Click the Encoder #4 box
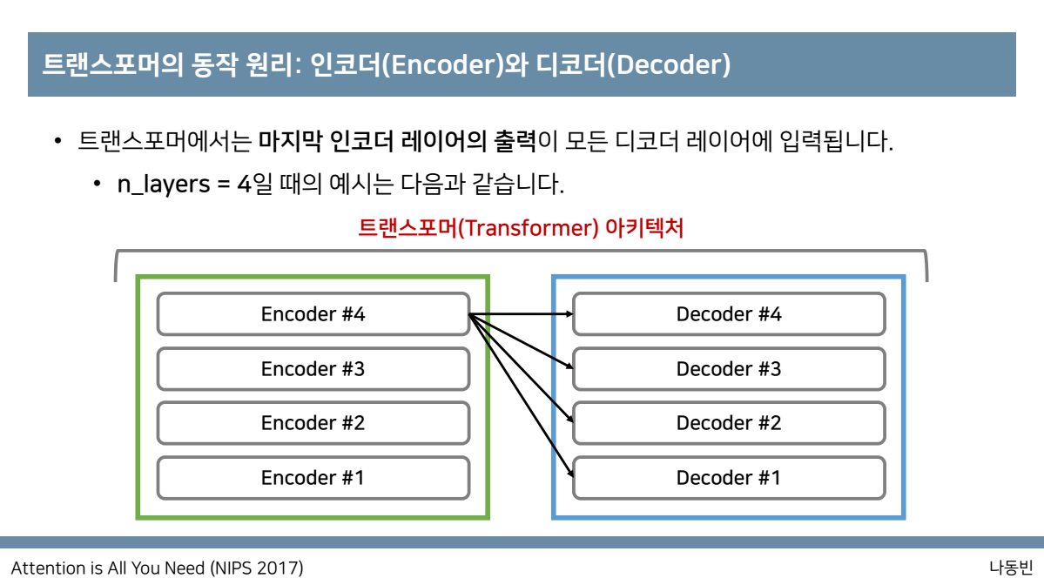313,314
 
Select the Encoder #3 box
313,369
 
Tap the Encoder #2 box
313,423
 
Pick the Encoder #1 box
313,478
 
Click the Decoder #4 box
729,314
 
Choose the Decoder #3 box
729,369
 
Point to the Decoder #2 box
729,423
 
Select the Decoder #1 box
729,478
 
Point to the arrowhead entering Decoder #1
569,474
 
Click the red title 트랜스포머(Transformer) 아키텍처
521,229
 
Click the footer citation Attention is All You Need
109,568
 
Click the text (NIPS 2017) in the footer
257,568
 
